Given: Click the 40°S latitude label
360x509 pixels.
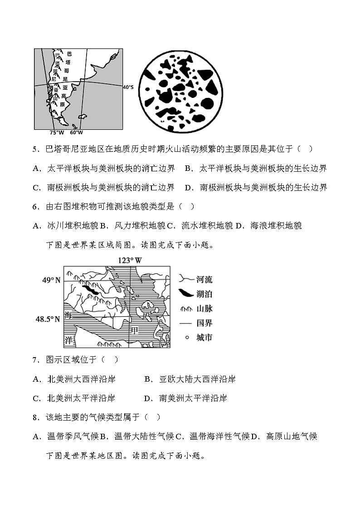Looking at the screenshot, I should (128, 87).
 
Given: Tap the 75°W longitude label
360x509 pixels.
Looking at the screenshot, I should (56, 133).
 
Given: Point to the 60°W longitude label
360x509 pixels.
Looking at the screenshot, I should (76, 133).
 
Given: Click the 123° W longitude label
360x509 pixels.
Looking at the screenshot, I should (130, 261).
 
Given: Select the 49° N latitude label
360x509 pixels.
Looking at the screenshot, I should (51, 281).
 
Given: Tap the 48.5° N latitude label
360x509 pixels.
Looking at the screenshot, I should (48, 319).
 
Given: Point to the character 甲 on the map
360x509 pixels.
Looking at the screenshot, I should (134, 330).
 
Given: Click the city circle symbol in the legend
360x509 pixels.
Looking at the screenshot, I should (185, 338).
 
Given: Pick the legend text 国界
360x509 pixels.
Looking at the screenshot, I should (204, 323).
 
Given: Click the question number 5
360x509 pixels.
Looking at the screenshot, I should (35, 149).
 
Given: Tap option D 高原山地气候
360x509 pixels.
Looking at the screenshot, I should (286, 436).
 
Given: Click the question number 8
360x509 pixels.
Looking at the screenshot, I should (35, 417).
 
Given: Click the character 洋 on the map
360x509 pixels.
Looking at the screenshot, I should (68, 339).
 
